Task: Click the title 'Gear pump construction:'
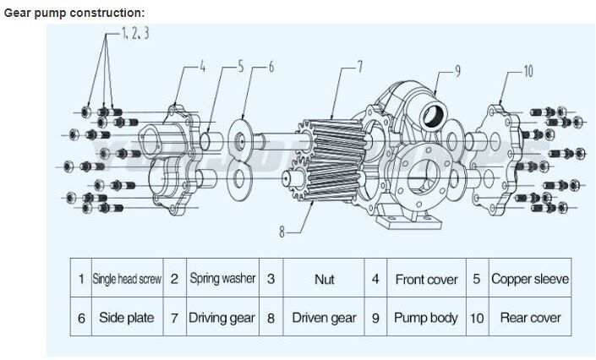click(x=74, y=13)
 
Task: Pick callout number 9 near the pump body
click(x=457, y=71)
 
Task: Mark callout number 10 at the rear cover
click(x=528, y=71)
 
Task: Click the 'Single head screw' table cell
click(x=127, y=279)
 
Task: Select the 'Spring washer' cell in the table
click(x=222, y=278)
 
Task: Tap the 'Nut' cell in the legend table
click(x=324, y=279)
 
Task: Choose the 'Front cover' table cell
click(x=426, y=279)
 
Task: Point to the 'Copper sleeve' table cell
click(x=529, y=279)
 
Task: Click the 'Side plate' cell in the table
click(x=127, y=318)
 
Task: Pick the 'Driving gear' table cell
click(x=222, y=318)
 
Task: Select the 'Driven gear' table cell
click(x=324, y=318)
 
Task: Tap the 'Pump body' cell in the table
click(x=426, y=318)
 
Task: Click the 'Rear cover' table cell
click(x=529, y=318)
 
